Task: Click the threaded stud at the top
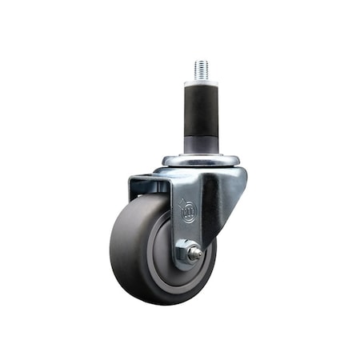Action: point(200,69)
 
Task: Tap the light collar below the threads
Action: point(200,82)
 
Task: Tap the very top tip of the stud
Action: point(200,60)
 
